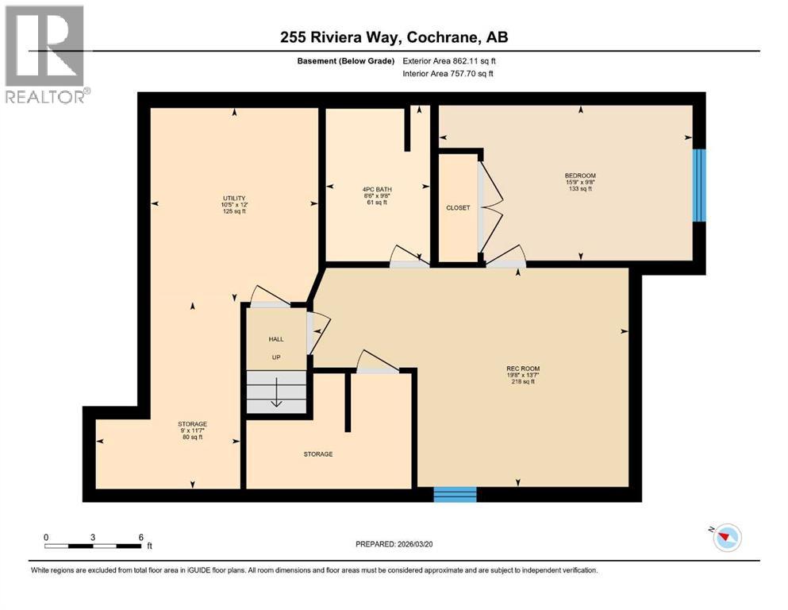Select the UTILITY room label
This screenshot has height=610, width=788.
click(x=233, y=199)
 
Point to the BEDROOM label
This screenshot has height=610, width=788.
click(x=579, y=176)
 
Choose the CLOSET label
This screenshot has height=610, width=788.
click(x=458, y=208)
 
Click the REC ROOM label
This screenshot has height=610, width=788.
click(x=521, y=368)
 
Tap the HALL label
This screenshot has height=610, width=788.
click(x=275, y=339)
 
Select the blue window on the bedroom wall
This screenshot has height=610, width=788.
click(x=698, y=185)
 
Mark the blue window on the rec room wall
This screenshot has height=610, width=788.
click(x=455, y=495)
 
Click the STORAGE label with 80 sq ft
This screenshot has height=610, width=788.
click(x=192, y=424)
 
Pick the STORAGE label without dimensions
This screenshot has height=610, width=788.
click(x=317, y=454)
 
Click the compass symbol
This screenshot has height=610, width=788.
click(x=726, y=538)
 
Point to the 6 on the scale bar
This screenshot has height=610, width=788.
click(x=141, y=537)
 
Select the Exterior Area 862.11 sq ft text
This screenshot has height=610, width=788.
click(x=452, y=60)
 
